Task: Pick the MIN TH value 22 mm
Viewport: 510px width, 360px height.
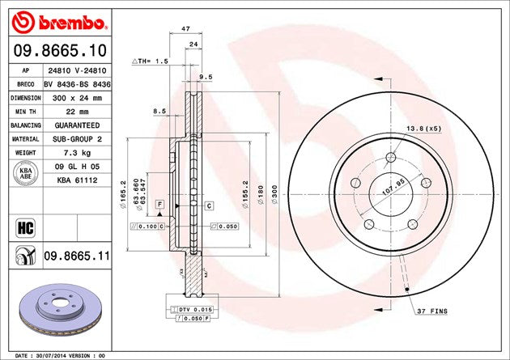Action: tap(77, 111)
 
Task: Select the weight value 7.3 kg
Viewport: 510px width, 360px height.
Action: tap(77, 153)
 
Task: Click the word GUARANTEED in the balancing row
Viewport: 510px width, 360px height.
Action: tap(77, 125)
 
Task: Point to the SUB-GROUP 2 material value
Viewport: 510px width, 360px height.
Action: tap(77, 139)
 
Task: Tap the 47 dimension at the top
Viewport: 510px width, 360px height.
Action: tap(185, 28)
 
